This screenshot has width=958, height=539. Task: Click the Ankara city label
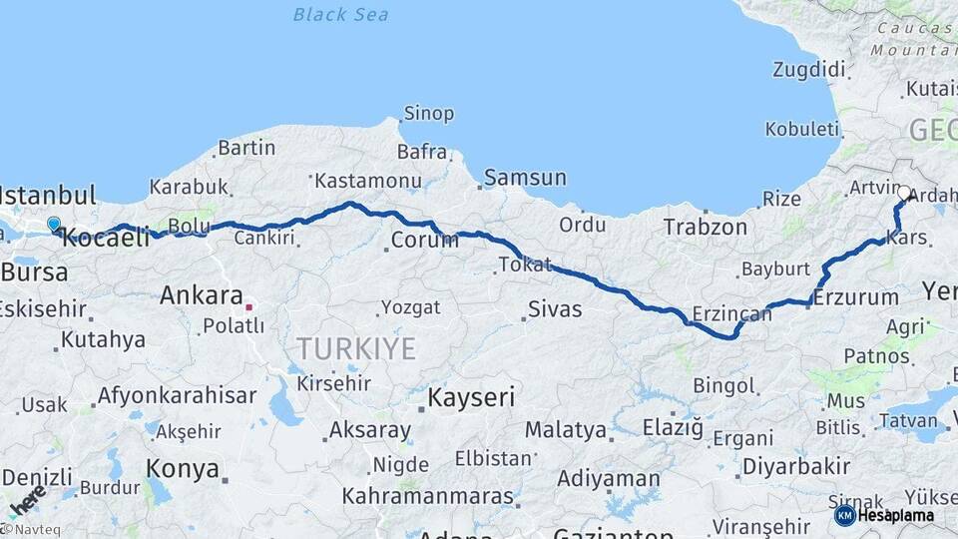[202, 295]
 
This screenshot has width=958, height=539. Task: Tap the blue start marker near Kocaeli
[54, 225]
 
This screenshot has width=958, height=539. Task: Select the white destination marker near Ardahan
[904, 193]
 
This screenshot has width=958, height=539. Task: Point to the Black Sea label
[341, 14]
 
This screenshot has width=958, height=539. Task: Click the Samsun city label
[525, 179]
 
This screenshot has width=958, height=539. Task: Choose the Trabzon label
[706, 228]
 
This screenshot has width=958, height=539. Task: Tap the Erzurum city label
[856, 296]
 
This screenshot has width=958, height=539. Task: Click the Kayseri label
[471, 397]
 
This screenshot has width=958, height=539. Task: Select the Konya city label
[183, 468]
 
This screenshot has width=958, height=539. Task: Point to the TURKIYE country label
[355, 348]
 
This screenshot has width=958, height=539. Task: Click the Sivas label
[555, 309]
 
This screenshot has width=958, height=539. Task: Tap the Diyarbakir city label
[796, 466]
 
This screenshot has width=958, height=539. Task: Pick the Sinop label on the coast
[428, 114]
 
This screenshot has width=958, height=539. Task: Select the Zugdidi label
[808, 70]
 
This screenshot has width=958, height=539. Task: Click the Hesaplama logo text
[895, 515]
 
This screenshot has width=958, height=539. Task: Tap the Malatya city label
[566, 430]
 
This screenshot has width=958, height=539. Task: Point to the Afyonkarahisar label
[177, 395]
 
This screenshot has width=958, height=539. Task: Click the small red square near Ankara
[249, 306]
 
